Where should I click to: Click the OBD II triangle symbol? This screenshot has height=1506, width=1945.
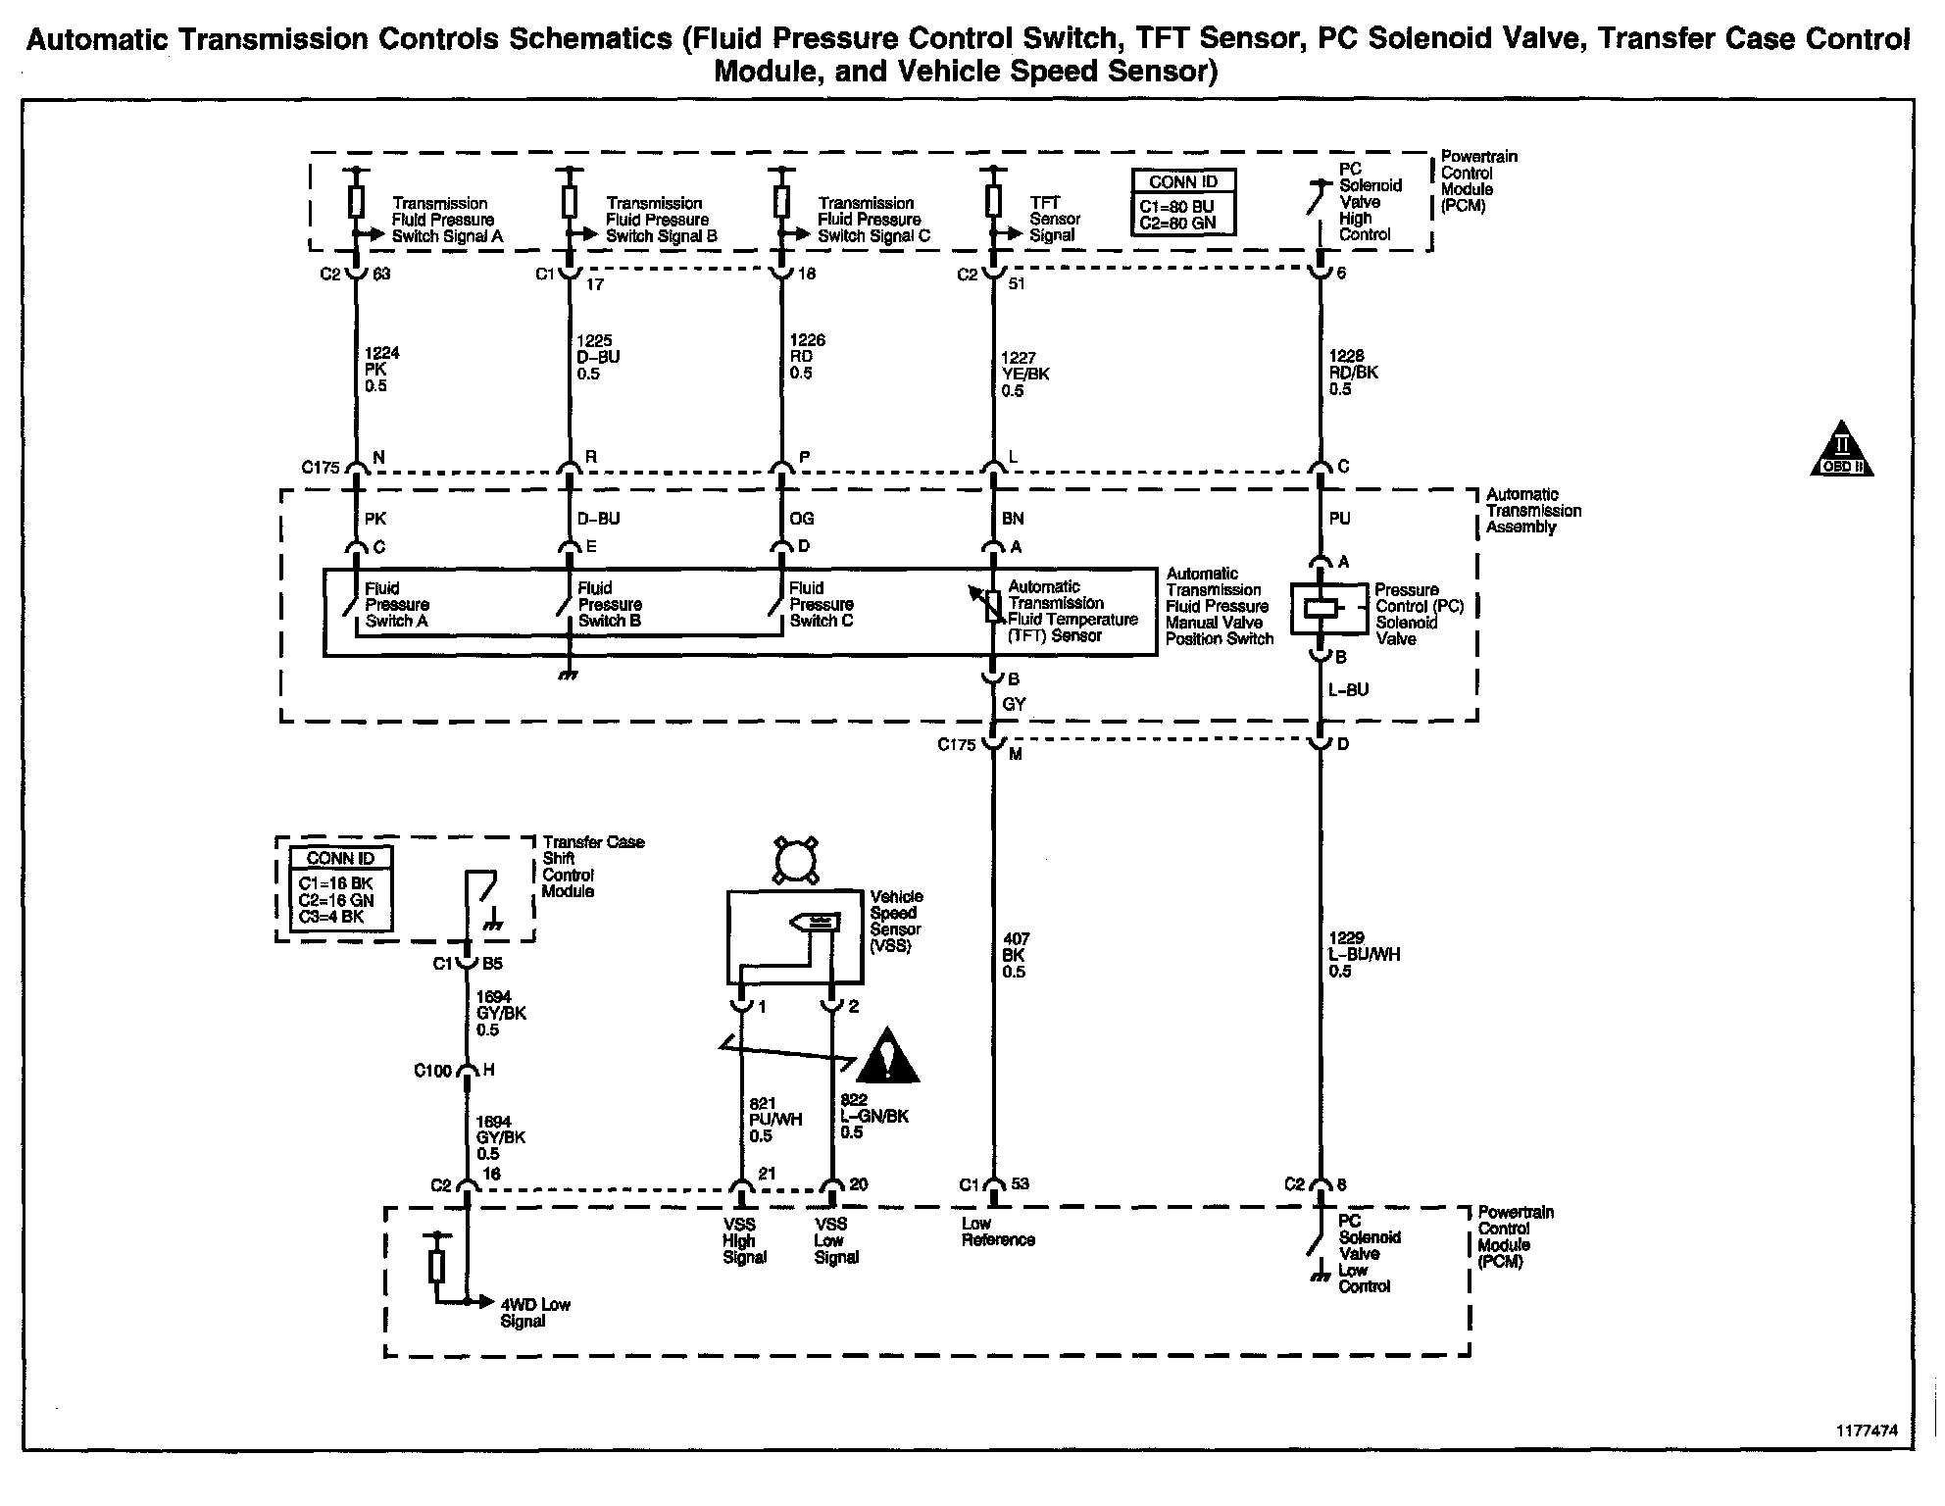(1841, 451)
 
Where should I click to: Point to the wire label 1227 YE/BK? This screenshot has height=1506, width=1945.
(1025, 375)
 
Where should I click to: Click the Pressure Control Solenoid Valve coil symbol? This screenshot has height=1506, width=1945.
(1321, 609)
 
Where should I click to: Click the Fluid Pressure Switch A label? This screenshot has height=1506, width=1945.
(396, 605)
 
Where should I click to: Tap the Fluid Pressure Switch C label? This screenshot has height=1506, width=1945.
(821, 604)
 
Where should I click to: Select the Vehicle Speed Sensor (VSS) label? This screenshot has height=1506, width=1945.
(896, 922)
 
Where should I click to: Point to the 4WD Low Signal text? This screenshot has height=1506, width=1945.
(535, 1313)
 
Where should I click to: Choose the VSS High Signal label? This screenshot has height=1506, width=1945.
(744, 1240)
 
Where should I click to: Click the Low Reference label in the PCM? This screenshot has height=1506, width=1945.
(998, 1231)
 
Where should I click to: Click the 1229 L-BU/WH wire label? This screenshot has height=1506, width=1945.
(1364, 955)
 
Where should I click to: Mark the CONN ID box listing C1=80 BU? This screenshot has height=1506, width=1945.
(1183, 202)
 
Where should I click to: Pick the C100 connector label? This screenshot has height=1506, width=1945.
(432, 1071)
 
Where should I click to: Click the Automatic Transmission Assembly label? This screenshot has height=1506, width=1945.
(1533, 511)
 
